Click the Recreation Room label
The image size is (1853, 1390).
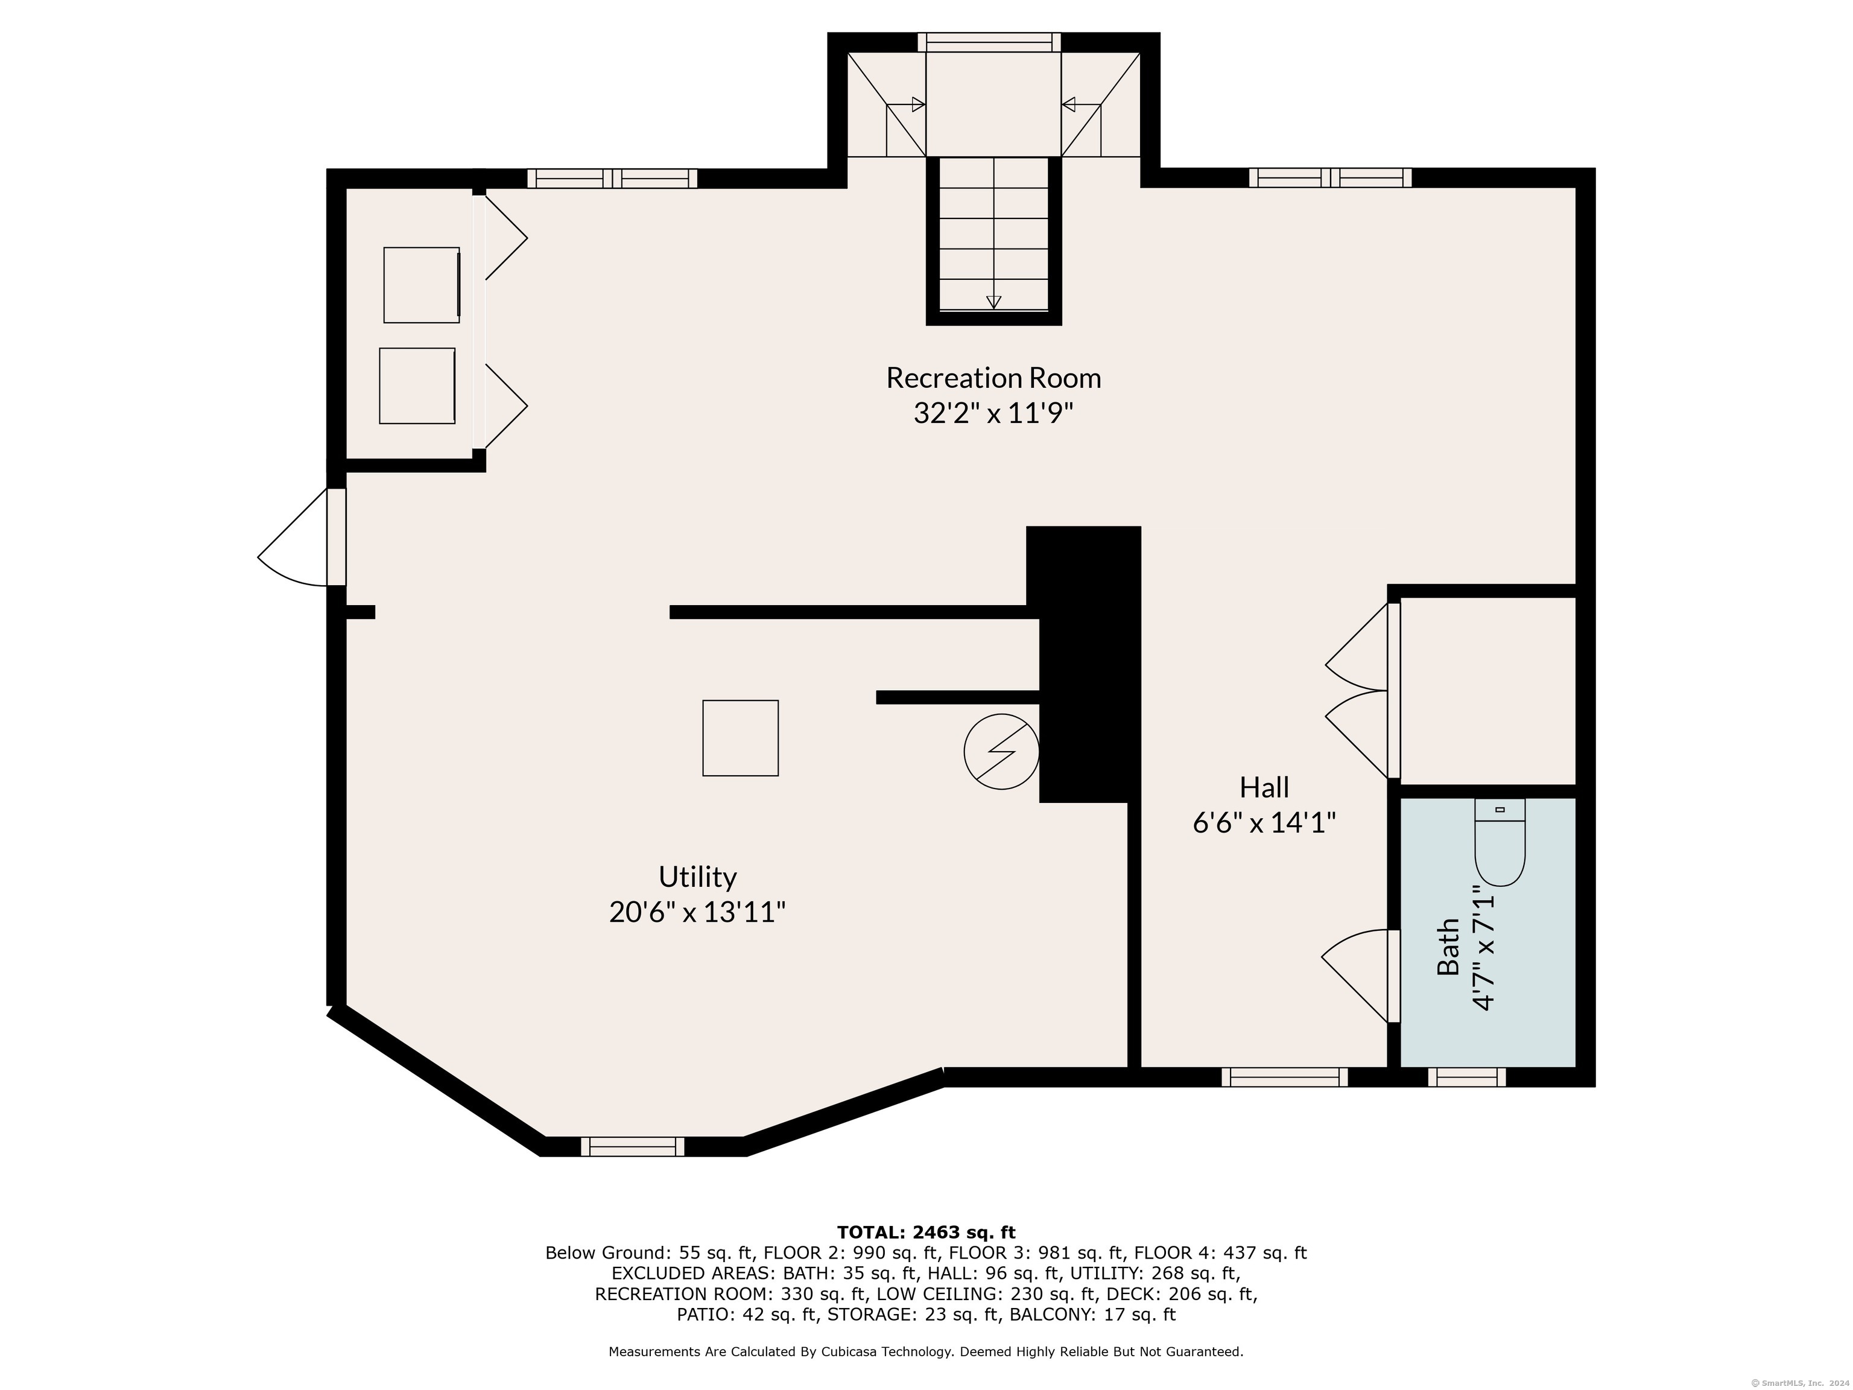(993, 378)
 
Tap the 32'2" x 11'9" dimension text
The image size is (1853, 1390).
(993, 414)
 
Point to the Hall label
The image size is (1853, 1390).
(1264, 787)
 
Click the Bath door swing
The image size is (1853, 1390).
(1355, 976)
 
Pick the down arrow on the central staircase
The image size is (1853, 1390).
(993, 302)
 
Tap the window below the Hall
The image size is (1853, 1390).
(1284, 1077)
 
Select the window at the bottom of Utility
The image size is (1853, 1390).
(633, 1146)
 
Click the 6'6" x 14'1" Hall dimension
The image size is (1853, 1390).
(1264, 823)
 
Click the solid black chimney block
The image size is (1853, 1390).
(1085, 664)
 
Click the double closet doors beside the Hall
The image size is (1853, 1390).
(1357, 691)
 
